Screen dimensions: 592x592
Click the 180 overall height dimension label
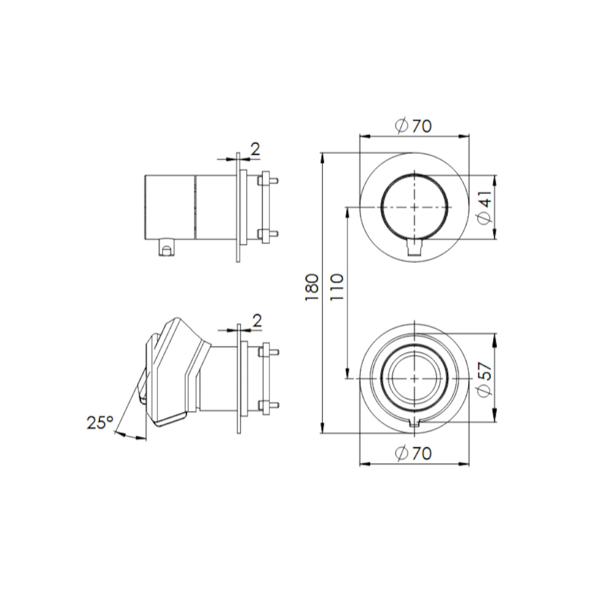pos(312,287)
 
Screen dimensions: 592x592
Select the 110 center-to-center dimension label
pos(337,287)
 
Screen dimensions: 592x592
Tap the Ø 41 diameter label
pos(484,207)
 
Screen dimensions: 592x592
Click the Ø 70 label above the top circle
pos(413,126)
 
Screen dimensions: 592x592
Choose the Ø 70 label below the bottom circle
pos(413,453)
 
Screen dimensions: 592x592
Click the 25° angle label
pos(100,422)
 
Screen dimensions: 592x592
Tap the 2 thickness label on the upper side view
pos(256,150)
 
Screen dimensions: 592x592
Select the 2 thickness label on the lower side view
pos(257,321)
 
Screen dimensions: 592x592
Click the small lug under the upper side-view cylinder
pos(166,247)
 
